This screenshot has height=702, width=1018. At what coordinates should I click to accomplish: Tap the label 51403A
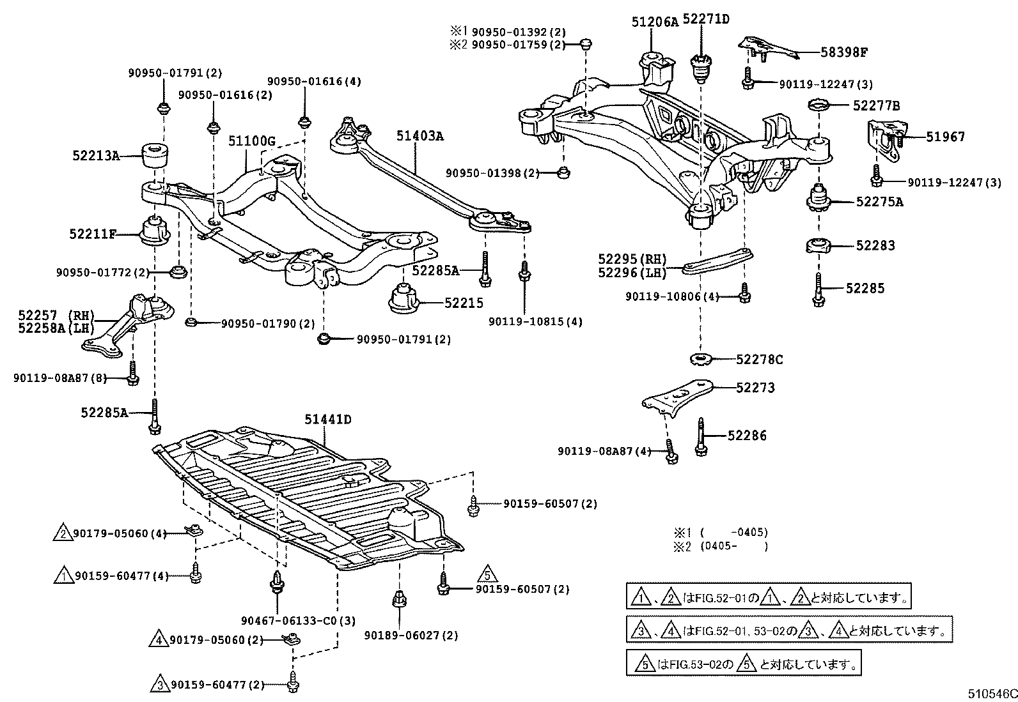tap(419, 136)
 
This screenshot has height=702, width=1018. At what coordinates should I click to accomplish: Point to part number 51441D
tap(327, 420)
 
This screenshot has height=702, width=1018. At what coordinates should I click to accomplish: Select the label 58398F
tap(843, 52)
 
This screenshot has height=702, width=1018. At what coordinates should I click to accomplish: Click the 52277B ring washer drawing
tap(819, 104)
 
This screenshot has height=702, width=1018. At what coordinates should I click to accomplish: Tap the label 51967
tap(945, 137)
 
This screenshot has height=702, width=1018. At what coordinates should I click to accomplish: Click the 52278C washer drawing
tap(701, 359)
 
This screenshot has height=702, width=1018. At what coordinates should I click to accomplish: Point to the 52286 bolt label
tap(747, 436)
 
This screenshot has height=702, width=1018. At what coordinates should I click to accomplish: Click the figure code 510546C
tap(991, 693)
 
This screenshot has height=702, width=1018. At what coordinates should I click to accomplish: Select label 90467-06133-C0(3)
tap(298, 620)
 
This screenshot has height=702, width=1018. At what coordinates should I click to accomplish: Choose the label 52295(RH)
tap(632, 259)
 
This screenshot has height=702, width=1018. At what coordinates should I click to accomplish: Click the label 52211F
tap(93, 234)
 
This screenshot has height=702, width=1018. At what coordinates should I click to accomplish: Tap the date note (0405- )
tap(733, 546)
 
